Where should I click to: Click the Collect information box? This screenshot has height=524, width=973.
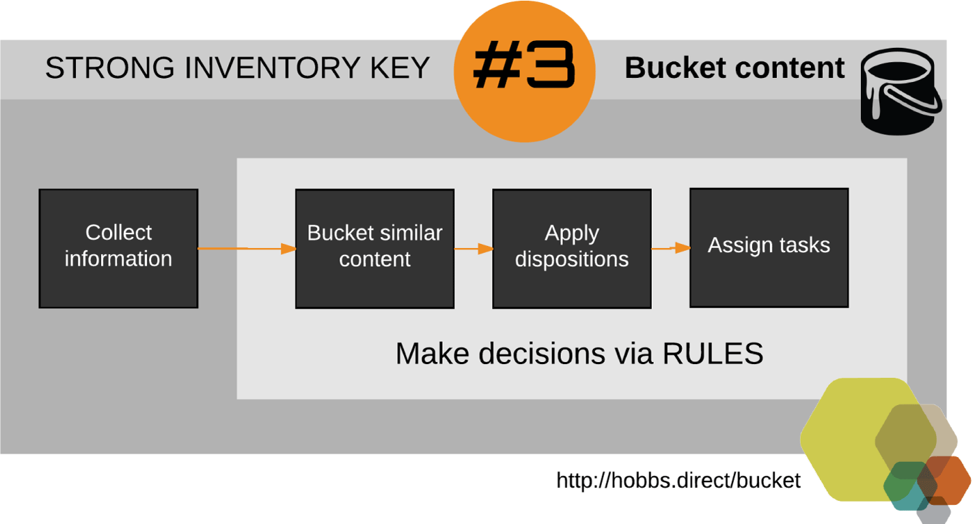[x=119, y=248]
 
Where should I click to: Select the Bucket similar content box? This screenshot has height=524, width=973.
[x=375, y=249]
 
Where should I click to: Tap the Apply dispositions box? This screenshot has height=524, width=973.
[x=572, y=249]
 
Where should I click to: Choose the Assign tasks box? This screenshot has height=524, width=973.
[x=769, y=248]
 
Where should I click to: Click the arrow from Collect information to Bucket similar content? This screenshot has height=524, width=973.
[x=247, y=249]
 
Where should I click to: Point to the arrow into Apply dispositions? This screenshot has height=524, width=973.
[x=474, y=249]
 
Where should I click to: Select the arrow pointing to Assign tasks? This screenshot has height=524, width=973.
[x=671, y=248]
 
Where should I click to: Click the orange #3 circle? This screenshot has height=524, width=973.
[x=524, y=72]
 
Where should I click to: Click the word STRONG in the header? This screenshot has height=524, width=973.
[x=110, y=68]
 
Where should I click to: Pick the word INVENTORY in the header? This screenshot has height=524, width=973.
[x=273, y=68]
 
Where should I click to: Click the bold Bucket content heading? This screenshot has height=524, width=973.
[x=735, y=68]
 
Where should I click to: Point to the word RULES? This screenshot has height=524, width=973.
[x=713, y=353]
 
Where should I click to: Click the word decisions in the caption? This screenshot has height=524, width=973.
[x=542, y=353]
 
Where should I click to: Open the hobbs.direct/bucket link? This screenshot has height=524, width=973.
[x=679, y=480]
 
